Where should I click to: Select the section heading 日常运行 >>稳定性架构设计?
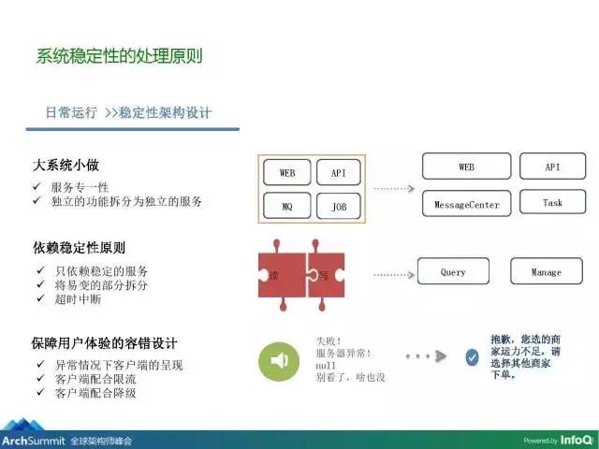pyautogui.click(x=128, y=113)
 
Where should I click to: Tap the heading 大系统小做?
pyautogui.click(x=66, y=167)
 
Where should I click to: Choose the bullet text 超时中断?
pyautogui.click(x=78, y=299)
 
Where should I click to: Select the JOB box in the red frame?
pyautogui.click(x=338, y=207)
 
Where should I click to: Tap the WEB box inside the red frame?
pyautogui.click(x=287, y=173)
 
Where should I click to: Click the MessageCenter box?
pyautogui.click(x=466, y=203)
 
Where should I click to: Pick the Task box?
pyautogui.click(x=552, y=202)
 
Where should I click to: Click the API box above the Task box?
pyautogui.click(x=552, y=167)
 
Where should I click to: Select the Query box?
pyautogui.click(x=453, y=271)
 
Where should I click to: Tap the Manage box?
pyautogui.click(x=546, y=271)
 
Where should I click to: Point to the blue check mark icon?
pyautogui.click(x=472, y=356)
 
